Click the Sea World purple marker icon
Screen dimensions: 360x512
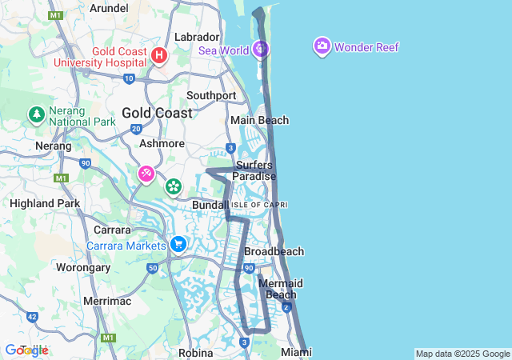point(260,49)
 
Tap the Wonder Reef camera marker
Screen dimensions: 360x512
point(322,46)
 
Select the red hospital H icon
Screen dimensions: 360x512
point(158,55)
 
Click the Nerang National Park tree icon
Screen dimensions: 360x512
point(36,114)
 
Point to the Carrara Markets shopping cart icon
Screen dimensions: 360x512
point(178,244)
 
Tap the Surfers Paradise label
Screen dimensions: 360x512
point(254,170)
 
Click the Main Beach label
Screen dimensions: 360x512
point(259,120)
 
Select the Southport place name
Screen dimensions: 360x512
point(211,95)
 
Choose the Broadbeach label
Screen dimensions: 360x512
point(274,251)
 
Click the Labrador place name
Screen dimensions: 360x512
point(197,37)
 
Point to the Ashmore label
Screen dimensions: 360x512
point(162,143)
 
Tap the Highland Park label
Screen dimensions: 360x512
point(45,203)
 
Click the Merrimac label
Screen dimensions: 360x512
point(107,301)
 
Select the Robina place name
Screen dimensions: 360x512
point(195,352)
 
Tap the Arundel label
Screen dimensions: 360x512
point(109,8)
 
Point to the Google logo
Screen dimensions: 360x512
point(26,350)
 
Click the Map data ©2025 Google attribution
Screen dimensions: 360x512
point(462,354)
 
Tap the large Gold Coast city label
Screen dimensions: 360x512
point(157,113)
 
